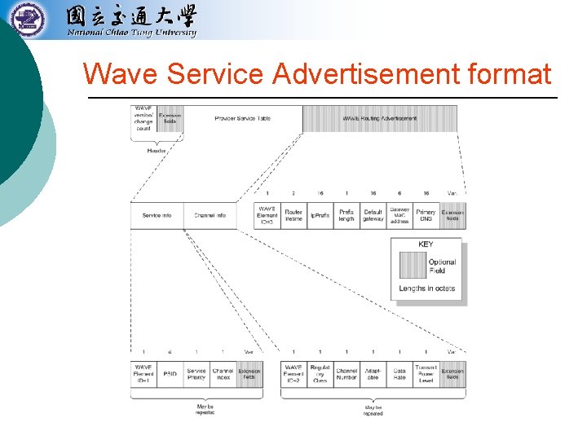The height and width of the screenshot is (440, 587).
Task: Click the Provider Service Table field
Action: click(x=242, y=119)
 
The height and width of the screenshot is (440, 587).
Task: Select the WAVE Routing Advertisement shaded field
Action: click(x=380, y=119)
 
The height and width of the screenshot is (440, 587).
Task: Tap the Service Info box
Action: click(x=157, y=216)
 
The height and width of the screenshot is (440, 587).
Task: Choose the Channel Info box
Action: click(x=210, y=216)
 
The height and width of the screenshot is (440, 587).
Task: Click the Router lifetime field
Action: click(x=293, y=216)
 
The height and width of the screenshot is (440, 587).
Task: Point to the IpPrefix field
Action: click(x=320, y=216)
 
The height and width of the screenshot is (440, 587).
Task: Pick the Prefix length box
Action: click(x=346, y=216)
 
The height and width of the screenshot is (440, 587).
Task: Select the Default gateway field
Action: click(x=373, y=216)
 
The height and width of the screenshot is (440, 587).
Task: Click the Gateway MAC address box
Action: click(x=399, y=216)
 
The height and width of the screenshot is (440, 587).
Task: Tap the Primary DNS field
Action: click(x=426, y=216)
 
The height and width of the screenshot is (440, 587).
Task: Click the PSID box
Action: click(x=170, y=375)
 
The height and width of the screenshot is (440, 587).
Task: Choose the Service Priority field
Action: click(x=196, y=375)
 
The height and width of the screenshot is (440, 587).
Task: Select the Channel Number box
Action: click(x=346, y=375)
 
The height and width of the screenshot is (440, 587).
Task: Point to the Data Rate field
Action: click(x=399, y=375)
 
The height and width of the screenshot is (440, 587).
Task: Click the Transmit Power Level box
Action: click(x=426, y=375)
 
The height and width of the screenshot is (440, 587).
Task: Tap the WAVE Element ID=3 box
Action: click(x=267, y=216)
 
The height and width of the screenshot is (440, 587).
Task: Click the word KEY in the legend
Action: click(x=426, y=244)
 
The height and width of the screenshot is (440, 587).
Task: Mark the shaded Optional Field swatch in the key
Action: click(x=413, y=266)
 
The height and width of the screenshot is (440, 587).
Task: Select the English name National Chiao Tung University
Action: click(x=131, y=33)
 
